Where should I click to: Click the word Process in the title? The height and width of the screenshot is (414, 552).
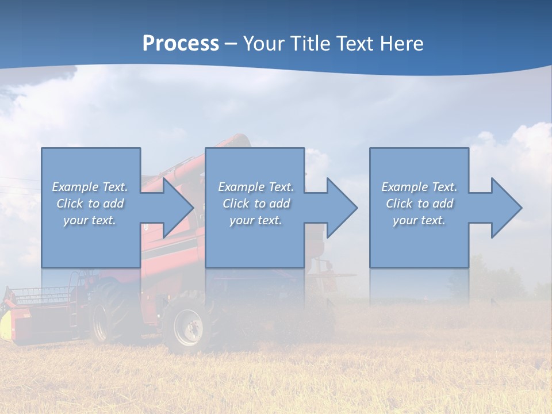[181, 44]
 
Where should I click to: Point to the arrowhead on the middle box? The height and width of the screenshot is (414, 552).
[342, 208]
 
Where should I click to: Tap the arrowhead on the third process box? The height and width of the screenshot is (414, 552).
[506, 208]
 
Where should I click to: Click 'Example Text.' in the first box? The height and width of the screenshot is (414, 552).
[90, 187]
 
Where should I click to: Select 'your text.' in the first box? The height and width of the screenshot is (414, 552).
[90, 220]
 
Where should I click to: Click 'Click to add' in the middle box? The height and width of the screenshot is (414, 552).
[256, 204]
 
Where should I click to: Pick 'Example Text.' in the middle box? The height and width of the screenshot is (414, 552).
[256, 187]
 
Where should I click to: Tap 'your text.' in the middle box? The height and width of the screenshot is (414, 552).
[256, 220]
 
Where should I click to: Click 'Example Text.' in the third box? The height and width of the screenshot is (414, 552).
[419, 187]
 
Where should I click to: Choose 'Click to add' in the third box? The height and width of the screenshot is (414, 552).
[419, 204]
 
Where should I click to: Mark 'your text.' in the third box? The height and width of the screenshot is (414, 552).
[419, 220]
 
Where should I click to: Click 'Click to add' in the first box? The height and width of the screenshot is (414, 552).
[90, 204]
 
